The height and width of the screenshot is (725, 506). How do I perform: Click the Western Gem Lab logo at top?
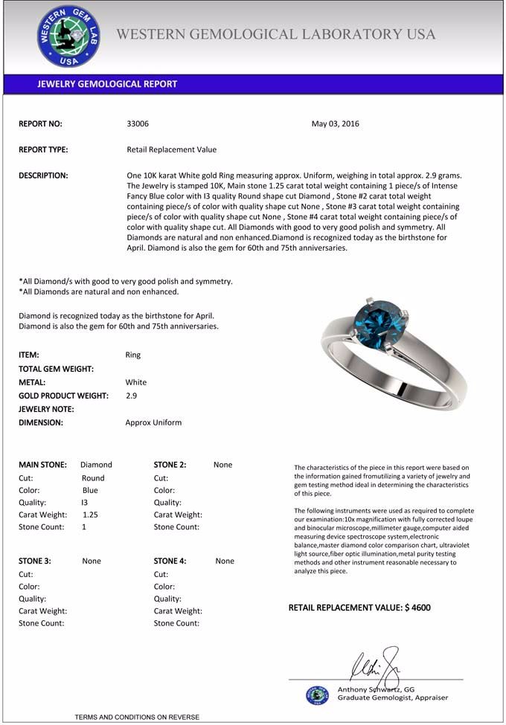pyautogui.click(x=68, y=36)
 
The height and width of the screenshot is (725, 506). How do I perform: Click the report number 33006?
pyautogui.click(x=138, y=124)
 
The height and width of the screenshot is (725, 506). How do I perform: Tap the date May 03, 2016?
pyautogui.click(x=335, y=124)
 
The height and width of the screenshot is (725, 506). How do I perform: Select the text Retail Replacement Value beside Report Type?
pyautogui.click(x=172, y=149)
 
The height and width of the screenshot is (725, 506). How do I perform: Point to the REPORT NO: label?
pyautogui.click(x=40, y=124)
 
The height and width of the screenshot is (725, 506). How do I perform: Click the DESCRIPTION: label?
pyautogui.click(x=43, y=175)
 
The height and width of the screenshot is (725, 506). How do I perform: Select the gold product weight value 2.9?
pyautogui.click(x=131, y=396)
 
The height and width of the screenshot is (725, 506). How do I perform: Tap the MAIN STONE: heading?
pyautogui.click(x=42, y=465)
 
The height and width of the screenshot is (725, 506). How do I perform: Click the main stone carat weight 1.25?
pyautogui.click(x=90, y=515)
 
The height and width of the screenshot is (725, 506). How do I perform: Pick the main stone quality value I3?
pyautogui.click(x=85, y=502)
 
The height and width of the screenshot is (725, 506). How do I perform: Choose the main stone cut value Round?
pyautogui.click(x=93, y=478)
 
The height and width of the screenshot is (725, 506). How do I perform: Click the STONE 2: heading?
pyautogui.click(x=170, y=465)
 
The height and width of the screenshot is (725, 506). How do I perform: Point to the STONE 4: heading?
pyautogui.click(x=170, y=561)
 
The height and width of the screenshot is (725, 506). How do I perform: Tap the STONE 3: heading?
pyautogui.click(x=34, y=561)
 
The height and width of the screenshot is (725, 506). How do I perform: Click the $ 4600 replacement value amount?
pyautogui.click(x=417, y=608)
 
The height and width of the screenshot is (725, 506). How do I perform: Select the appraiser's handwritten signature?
pyautogui.click(x=376, y=663)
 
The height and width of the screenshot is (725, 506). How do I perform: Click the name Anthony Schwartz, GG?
pyautogui.click(x=376, y=689)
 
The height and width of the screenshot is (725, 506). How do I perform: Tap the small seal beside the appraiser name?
pyautogui.click(x=317, y=695)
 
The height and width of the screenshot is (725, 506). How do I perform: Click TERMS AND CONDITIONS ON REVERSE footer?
pyautogui.click(x=137, y=717)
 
